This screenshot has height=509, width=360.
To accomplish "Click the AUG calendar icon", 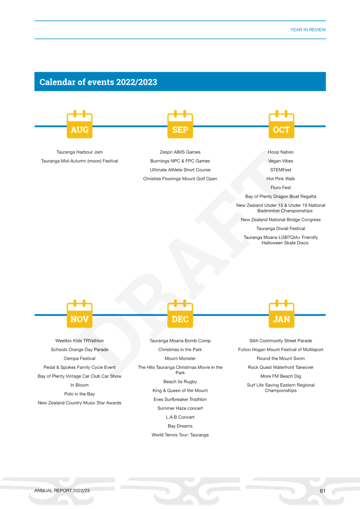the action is pyautogui.click(x=80, y=124).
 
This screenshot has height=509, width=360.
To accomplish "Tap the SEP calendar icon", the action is pyautogui.click(x=180, y=124).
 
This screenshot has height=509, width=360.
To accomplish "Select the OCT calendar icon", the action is pyautogui.click(x=282, y=124).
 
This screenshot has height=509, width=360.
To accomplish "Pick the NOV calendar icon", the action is pyautogui.click(x=80, y=314).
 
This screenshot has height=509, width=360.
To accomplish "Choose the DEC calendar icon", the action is pyautogui.click(x=180, y=314).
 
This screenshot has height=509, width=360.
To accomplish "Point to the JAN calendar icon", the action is pyautogui.click(x=282, y=314).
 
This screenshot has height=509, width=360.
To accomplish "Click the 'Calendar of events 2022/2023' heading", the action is pyautogui.click(x=98, y=82).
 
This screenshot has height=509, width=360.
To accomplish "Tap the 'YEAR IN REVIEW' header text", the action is pyautogui.click(x=308, y=30).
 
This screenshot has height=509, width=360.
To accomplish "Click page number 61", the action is pyautogui.click(x=322, y=491).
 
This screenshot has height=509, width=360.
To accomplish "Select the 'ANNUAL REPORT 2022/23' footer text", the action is pyautogui.click(x=62, y=491).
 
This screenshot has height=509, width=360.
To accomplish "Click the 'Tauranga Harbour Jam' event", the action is pyautogui.click(x=80, y=152).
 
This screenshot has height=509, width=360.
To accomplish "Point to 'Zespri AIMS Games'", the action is pyautogui.click(x=180, y=152).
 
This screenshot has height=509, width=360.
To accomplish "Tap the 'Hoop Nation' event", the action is pyautogui.click(x=281, y=152).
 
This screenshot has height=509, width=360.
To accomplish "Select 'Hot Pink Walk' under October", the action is pyautogui.click(x=281, y=179).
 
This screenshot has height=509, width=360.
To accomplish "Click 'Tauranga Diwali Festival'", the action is pyautogui.click(x=281, y=228).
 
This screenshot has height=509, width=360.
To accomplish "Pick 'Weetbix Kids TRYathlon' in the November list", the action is pyautogui.click(x=80, y=340).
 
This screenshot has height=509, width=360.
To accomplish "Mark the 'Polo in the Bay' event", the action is pyautogui.click(x=80, y=394).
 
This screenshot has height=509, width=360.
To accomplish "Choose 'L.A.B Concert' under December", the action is pyautogui.click(x=180, y=417).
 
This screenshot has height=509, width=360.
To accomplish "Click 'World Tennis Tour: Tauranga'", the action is pyautogui.click(x=180, y=435).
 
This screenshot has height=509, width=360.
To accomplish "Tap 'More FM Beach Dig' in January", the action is pyautogui.click(x=281, y=376).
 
